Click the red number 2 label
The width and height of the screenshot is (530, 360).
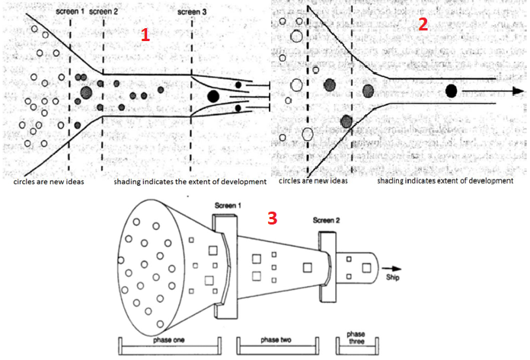pos(423,24)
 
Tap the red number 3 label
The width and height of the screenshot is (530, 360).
pos(272,218)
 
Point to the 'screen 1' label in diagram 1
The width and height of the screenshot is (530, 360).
pos(69,12)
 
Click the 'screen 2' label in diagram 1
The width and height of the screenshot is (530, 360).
pos(104,12)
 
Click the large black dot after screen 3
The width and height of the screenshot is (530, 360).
pos(213,96)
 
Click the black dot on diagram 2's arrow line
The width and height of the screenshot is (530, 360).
pos(451,91)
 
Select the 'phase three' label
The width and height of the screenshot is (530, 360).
pos(356,339)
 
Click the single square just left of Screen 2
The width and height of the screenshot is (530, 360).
pos(308,267)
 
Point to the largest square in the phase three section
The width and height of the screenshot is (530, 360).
pos(367,268)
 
